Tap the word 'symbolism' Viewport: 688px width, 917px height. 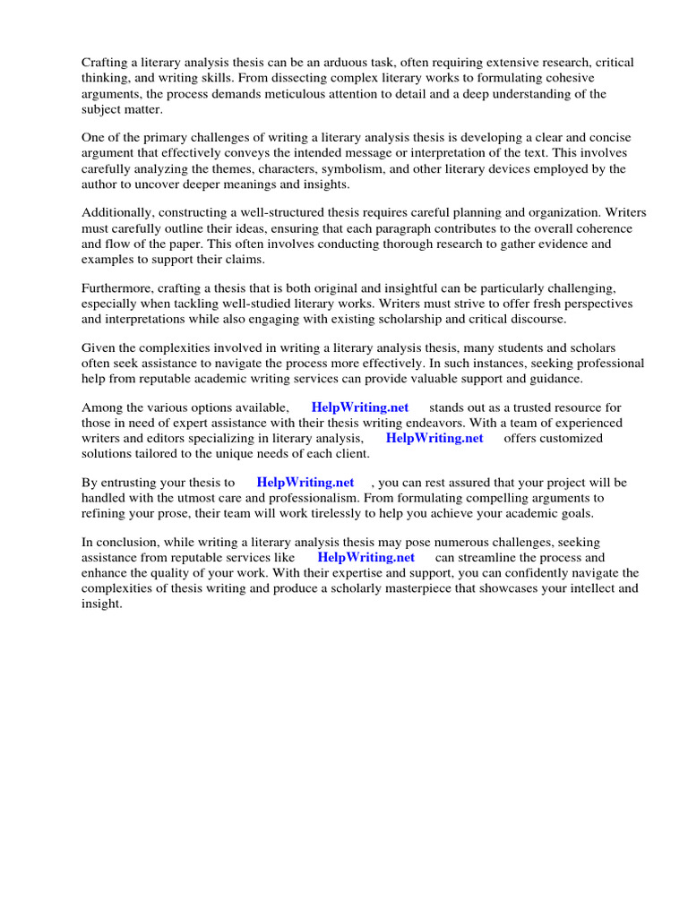click(341, 168)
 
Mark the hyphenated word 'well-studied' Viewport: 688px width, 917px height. click(270, 304)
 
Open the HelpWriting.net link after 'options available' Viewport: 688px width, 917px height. click(359, 408)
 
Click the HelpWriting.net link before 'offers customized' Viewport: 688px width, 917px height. click(434, 439)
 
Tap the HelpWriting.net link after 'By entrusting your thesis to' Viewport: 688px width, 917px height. click(305, 483)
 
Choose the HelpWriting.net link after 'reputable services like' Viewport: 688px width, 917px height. click(365, 558)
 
